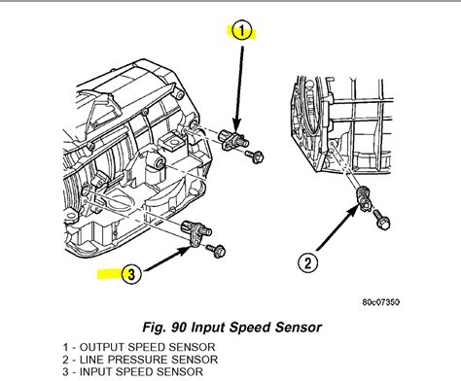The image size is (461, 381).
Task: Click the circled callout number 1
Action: [242, 31]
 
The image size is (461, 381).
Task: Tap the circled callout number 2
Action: [307, 262]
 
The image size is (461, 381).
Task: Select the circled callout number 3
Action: [131, 274]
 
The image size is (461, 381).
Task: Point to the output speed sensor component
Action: [233, 139]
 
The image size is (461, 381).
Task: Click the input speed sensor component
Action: [196, 231]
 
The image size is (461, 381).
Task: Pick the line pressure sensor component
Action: [364, 198]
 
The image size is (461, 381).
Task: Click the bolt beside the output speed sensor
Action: [255, 156]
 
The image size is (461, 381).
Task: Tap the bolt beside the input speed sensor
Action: [217, 251]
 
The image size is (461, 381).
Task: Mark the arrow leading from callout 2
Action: [337, 229]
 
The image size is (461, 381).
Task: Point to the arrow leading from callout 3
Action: [167, 259]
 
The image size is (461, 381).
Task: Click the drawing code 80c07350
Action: [381, 302]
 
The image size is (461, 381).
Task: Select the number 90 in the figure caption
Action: [179, 328]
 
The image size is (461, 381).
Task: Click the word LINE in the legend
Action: [91, 360]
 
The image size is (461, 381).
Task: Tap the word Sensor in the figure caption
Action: [299, 328]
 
